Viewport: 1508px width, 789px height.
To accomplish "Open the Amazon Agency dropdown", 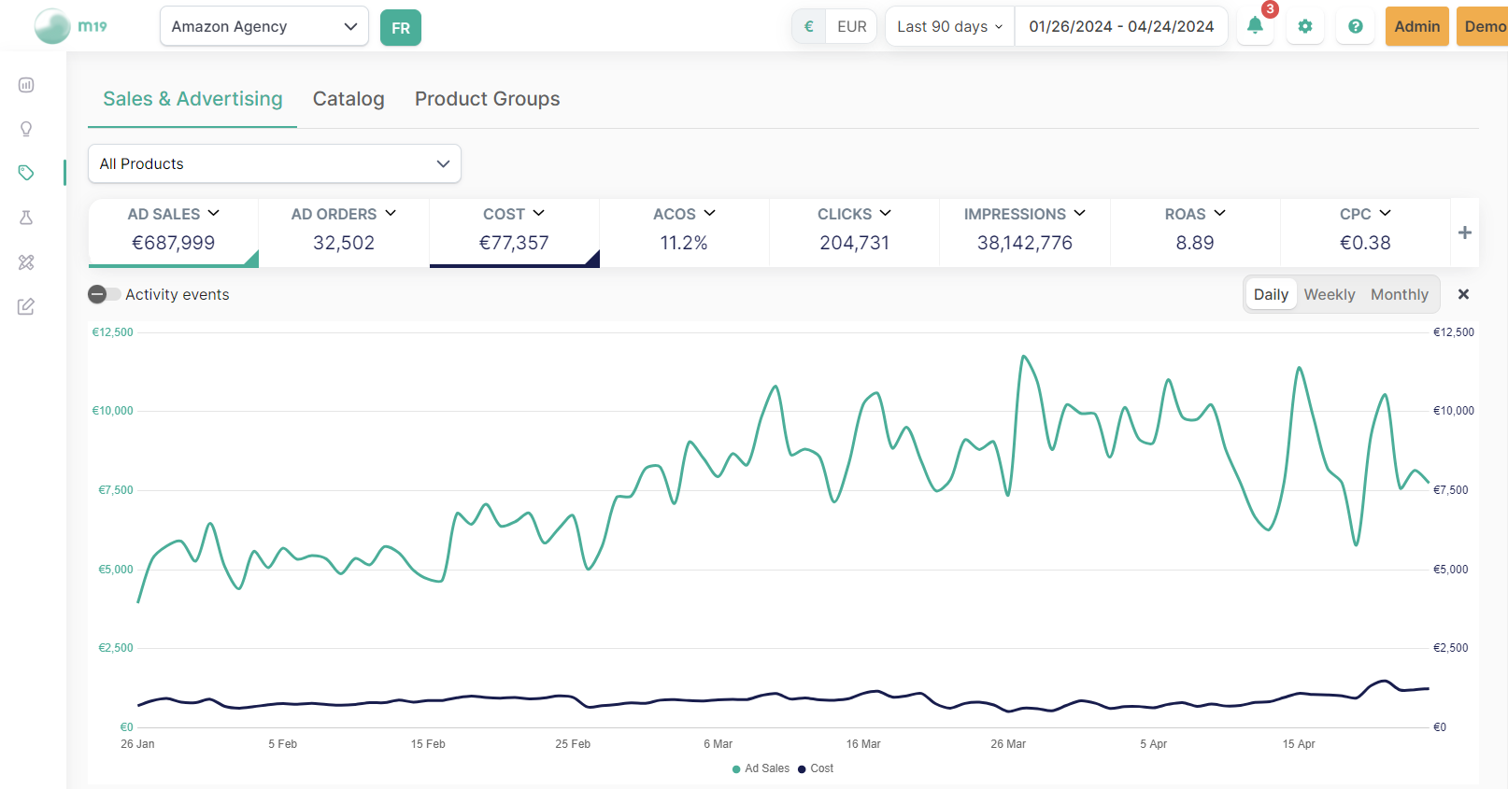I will pos(263,26).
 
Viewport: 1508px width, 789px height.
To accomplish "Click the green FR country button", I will pos(401,28).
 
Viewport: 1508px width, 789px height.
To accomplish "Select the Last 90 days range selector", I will pos(949,26).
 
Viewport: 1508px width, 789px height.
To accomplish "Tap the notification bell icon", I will pos(1255,26).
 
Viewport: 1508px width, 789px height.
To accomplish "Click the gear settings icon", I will pos(1305,26).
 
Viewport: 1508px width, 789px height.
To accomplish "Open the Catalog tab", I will pos(349,99).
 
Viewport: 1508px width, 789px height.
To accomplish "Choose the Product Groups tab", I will pos(487,99).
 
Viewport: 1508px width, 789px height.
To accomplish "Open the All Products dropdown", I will pos(274,163).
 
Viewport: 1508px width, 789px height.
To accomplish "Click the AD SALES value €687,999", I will pos(173,243).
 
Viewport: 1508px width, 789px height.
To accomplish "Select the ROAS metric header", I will pos(1194,214).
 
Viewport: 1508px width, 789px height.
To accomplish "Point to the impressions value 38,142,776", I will pos(1024,243).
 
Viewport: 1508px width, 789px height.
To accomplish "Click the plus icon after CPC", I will pos(1464,232).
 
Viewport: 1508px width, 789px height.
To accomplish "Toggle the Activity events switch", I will pos(104,294).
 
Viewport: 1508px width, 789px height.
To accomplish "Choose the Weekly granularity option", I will pos(1329,294).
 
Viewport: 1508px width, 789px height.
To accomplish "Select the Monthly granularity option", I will pos(1399,294).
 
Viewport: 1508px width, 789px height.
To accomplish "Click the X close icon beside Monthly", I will pos(1463,294).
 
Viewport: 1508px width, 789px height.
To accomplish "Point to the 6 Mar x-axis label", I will pos(718,744).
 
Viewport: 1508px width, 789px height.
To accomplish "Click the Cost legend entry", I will pos(816,768).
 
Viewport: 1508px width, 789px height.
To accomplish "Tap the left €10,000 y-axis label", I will pos(112,411).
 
